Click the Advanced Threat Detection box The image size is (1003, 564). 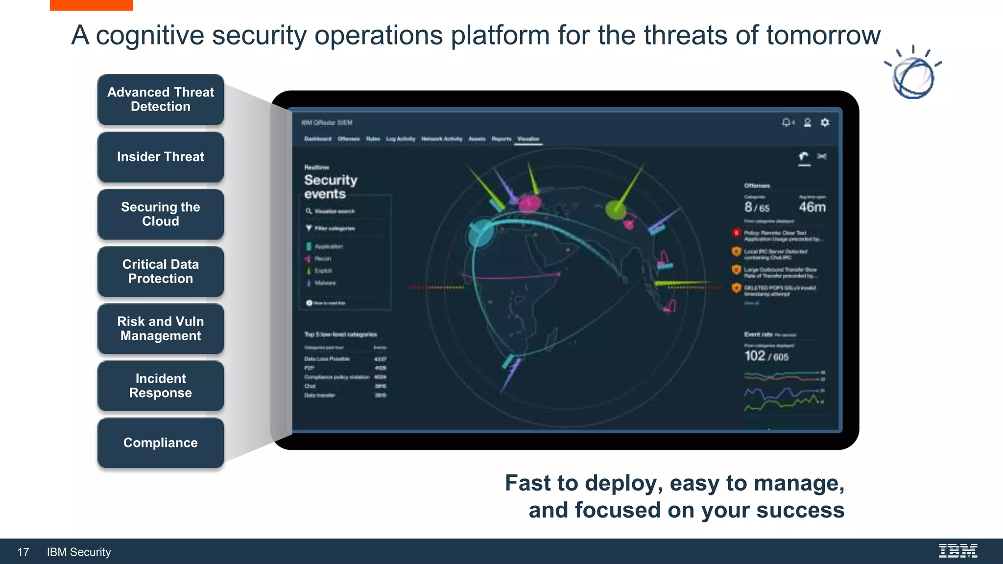click(161, 99)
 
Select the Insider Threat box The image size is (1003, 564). click(161, 157)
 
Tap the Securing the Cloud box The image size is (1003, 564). click(161, 214)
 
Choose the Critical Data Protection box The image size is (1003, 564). click(161, 271)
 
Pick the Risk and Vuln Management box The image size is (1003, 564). click(161, 329)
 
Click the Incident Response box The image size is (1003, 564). click(161, 386)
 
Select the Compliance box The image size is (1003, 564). click(161, 443)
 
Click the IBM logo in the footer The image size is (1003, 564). click(958, 551)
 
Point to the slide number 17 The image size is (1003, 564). click(23, 552)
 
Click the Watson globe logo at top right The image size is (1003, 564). click(913, 75)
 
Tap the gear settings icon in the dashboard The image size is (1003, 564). click(825, 122)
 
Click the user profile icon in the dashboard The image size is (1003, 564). click(807, 122)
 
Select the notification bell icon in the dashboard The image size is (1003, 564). click(787, 122)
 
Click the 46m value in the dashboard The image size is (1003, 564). click(812, 207)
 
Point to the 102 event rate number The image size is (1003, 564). click(755, 356)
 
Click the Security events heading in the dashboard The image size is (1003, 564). click(331, 187)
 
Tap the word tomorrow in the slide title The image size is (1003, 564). click(823, 35)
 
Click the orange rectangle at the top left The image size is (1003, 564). click(91, 5)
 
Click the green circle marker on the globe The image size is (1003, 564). click(616, 210)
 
